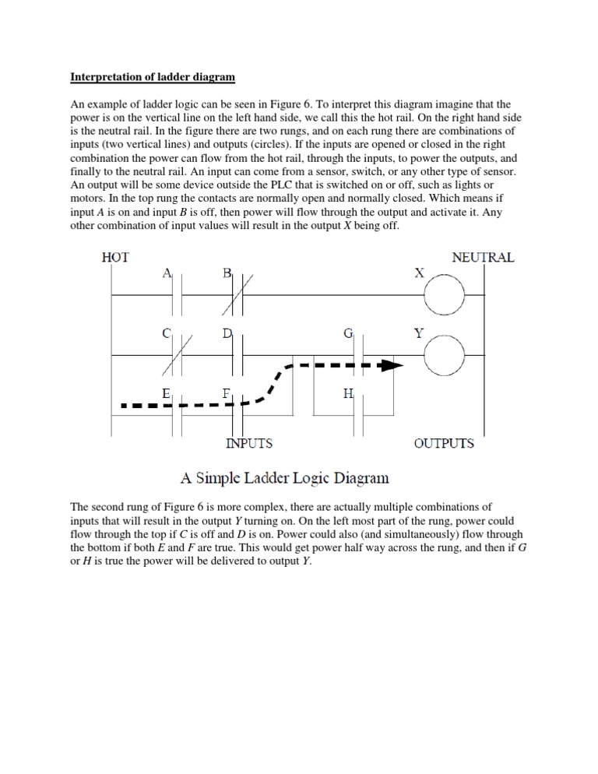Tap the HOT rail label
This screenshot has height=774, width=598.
click(115, 257)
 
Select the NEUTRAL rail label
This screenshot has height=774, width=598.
click(483, 257)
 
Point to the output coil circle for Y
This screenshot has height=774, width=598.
click(444, 355)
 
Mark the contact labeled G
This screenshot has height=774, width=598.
click(359, 355)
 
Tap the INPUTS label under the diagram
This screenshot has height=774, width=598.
click(249, 443)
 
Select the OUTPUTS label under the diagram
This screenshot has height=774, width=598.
click(444, 443)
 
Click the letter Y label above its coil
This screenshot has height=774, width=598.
click(419, 334)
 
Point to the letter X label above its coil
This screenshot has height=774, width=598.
click(419, 273)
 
